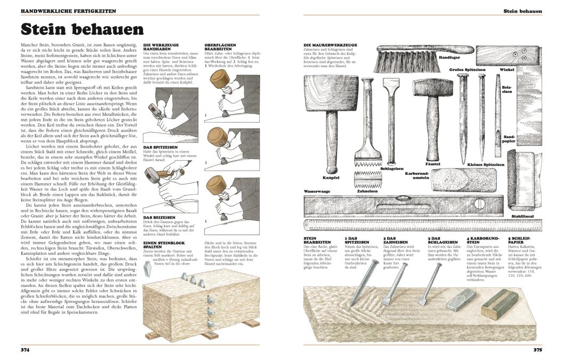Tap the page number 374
pos(25,350)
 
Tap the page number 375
pos(537,350)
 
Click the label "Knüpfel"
pos(331,178)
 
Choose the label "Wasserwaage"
pos(317,190)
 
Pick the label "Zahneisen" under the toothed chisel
pos(367,190)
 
